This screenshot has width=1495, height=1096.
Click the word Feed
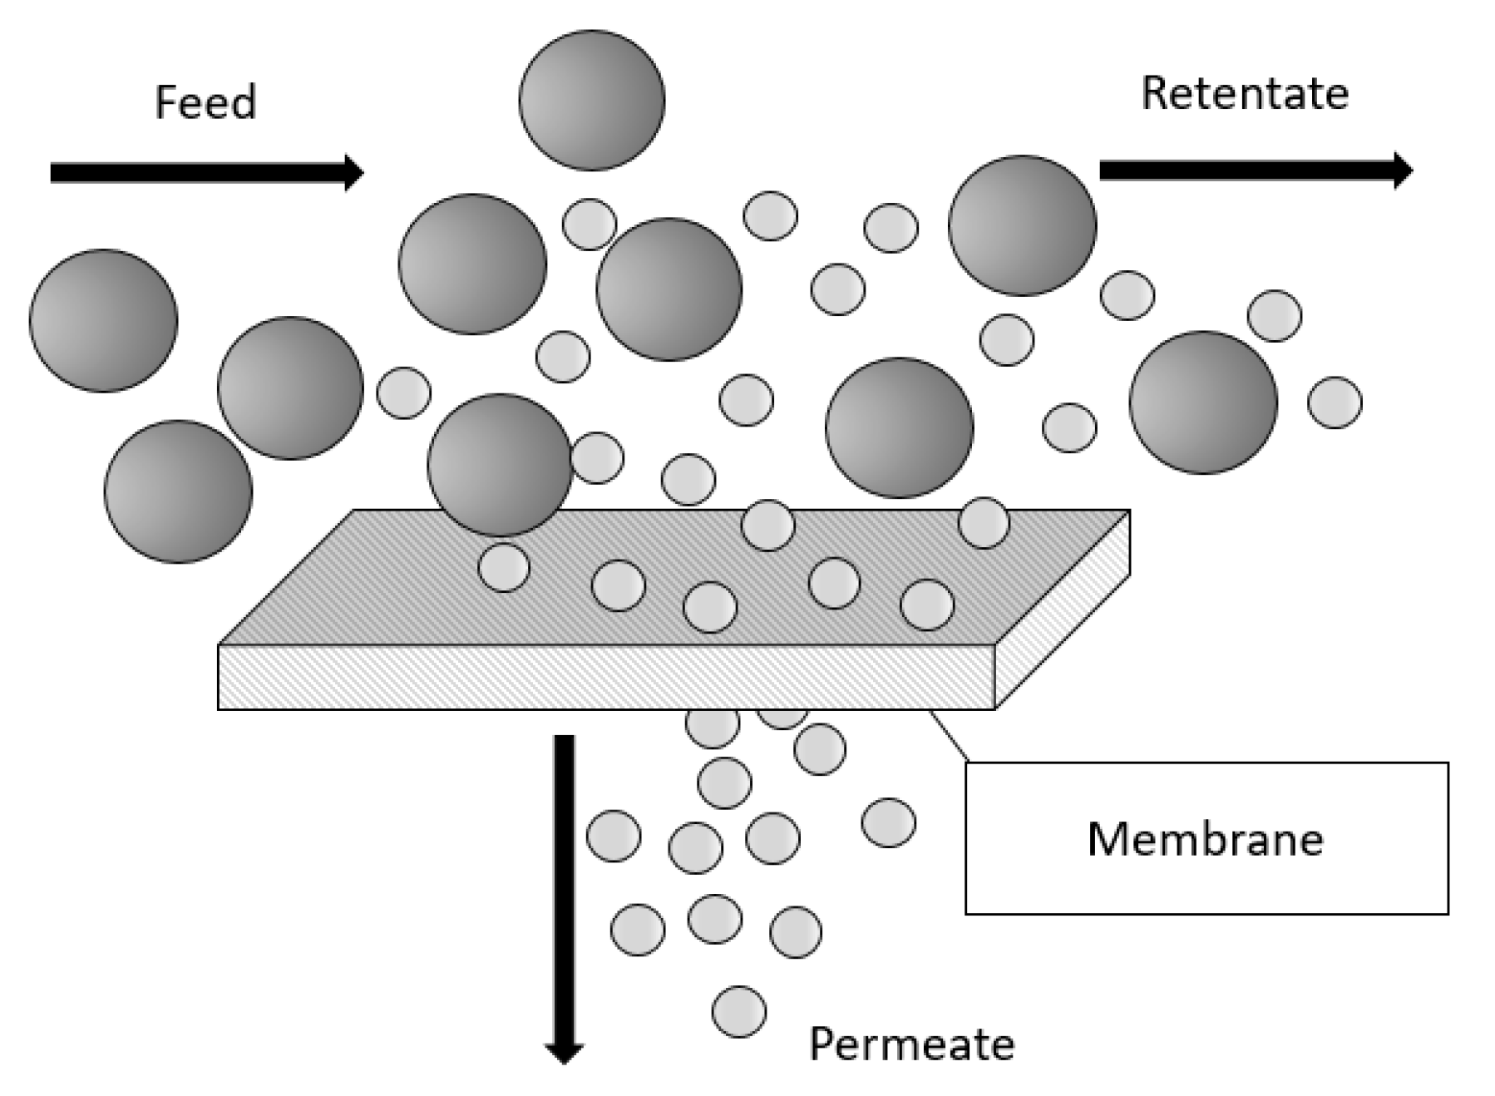205,102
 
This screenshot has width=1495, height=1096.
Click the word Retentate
1244,93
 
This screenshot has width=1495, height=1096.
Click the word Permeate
911,1044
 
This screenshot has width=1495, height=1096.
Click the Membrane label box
1206,838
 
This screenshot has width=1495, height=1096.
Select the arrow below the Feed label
206,173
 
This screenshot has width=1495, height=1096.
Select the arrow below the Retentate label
1256,170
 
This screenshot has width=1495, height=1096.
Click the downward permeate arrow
565,898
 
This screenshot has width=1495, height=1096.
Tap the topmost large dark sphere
591,101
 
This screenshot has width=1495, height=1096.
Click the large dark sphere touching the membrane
500,465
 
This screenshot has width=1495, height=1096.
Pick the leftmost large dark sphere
103,320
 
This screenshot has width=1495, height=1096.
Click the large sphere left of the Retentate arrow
1022,225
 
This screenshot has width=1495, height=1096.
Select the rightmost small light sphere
1334,402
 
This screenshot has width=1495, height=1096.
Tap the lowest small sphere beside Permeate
739,1011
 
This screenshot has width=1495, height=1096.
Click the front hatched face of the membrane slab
605,677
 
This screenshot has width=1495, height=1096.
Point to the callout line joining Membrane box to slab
949,735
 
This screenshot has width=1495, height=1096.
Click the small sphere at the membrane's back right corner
984,523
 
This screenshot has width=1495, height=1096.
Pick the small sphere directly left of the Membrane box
888,822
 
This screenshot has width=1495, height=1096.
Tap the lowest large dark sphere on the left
178,491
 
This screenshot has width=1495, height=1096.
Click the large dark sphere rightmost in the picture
1202,402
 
